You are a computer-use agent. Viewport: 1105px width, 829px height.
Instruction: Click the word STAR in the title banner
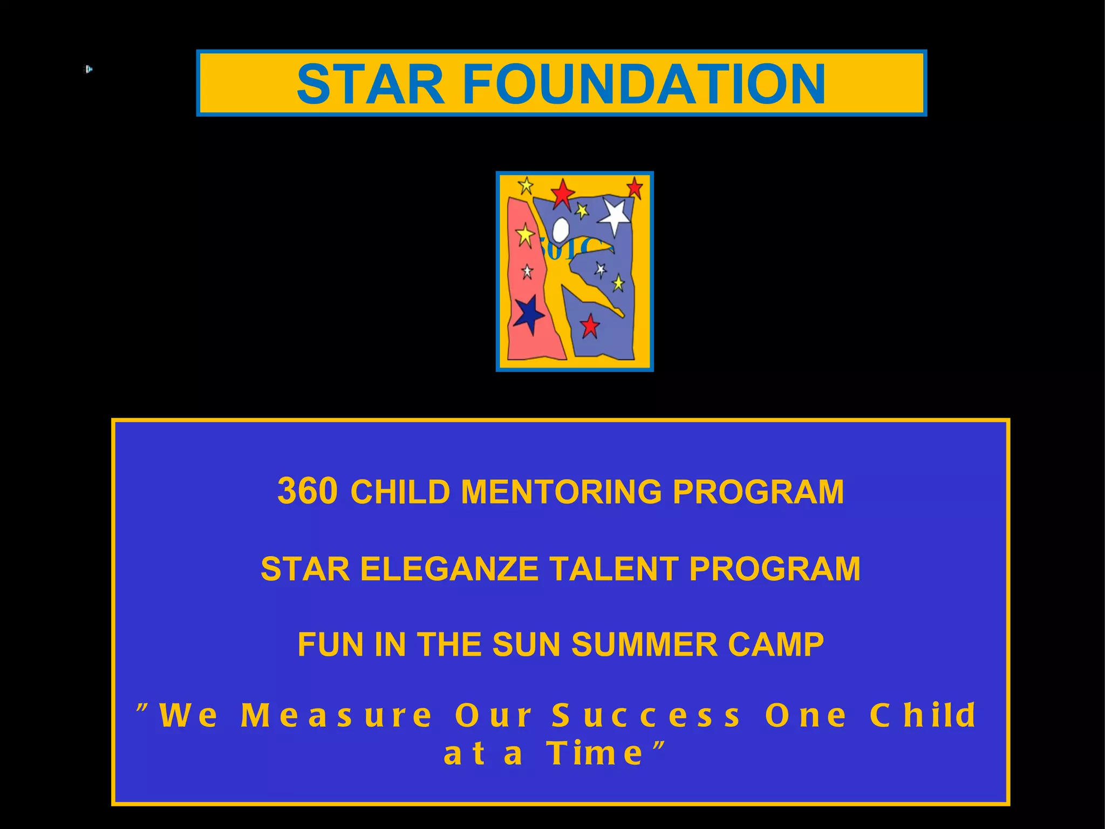[371, 84]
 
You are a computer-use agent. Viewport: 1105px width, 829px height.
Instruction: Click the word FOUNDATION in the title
[644, 84]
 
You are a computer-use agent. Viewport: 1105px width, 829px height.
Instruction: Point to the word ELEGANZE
[449, 569]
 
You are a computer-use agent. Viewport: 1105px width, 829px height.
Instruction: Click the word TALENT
[614, 569]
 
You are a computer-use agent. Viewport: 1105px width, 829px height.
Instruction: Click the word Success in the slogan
[646, 716]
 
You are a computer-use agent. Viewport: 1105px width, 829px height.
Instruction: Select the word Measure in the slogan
[337, 716]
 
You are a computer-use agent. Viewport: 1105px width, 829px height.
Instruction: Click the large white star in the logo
[615, 215]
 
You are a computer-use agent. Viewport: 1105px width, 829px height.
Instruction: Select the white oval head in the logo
[561, 229]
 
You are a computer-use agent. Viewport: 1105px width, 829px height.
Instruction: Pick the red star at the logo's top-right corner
[635, 188]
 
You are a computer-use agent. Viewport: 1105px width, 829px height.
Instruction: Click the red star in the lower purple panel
[590, 326]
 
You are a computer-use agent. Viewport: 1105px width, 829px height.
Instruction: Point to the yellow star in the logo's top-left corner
[526, 186]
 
